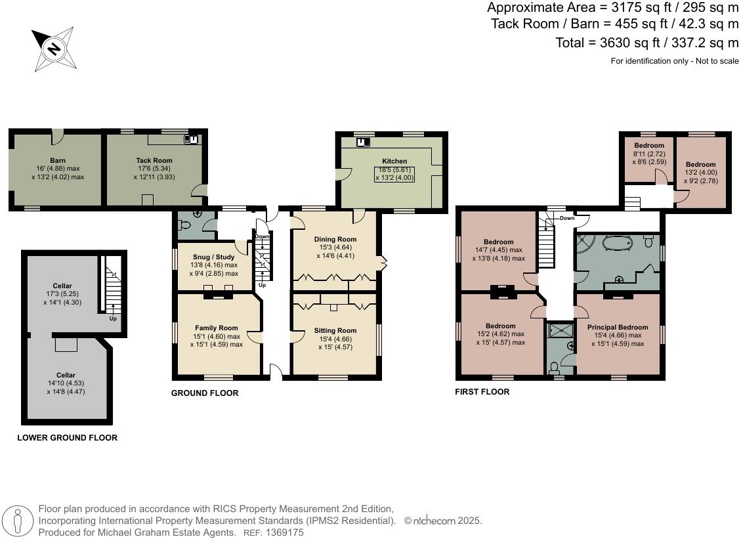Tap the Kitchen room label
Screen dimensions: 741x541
(394, 162)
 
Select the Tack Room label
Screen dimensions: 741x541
(154, 160)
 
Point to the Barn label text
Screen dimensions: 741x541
(58, 160)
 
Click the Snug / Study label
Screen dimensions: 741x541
(213, 257)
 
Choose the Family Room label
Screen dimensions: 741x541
(217, 328)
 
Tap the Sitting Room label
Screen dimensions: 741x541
(335, 330)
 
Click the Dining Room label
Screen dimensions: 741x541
(335, 239)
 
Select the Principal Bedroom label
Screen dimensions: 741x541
(618, 327)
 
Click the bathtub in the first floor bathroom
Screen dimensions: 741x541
(618, 244)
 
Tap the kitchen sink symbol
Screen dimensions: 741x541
(364, 141)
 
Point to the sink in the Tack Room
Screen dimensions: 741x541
(191, 139)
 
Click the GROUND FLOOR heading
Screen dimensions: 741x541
(205, 393)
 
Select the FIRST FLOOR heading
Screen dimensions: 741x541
(482, 391)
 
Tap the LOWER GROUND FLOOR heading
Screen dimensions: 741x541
(67, 438)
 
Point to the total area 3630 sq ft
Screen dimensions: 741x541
(630, 43)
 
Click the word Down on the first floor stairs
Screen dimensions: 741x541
(567, 218)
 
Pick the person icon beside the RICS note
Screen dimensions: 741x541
(18, 521)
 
